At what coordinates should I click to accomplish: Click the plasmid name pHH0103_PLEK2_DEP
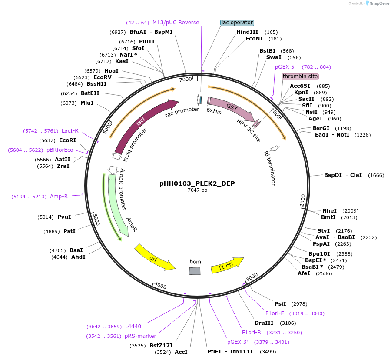(x=197, y=183)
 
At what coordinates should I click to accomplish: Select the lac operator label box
(x=237, y=23)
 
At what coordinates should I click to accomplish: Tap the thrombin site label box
(x=300, y=77)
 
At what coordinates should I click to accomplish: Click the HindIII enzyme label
(x=247, y=32)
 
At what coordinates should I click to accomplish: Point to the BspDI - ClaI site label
(x=343, y=175)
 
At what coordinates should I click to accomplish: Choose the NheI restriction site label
(x=329, y=211)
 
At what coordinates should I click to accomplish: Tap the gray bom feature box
(x=195, y=271)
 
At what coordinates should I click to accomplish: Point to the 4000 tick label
(x=160, y=286)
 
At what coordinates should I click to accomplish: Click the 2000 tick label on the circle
(x=303, y=201)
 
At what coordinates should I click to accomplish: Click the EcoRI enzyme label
(x=67, y=140)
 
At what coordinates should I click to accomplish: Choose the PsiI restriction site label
(x=280, y=303)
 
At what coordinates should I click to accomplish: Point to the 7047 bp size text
(x=197, y=190)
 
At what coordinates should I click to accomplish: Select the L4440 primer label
(x=133, y=326)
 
